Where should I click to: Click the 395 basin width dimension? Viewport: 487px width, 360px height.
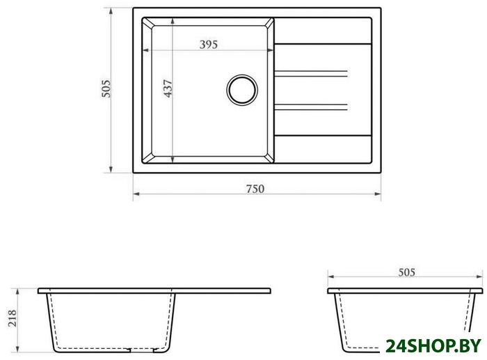[209, 45]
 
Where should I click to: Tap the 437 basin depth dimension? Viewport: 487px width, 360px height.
[168, 88]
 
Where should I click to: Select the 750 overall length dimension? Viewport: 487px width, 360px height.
[255, 189]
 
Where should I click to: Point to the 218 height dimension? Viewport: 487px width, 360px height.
[13, 318]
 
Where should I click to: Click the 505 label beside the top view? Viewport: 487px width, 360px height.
[106, 88]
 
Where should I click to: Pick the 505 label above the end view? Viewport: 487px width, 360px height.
[406, 272]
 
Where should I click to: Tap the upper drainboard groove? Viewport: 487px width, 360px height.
[310, 74]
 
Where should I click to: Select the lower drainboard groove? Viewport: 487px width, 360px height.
[310, 107]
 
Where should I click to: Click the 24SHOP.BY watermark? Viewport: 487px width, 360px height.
[433, 346]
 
